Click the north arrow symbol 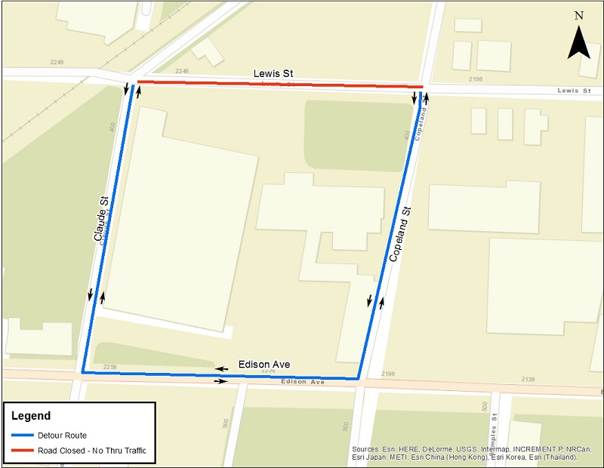click(x=578, y=43)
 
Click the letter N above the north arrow click(x=579, y=15)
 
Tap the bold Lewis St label click(x=273, y=74)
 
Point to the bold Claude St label click(x=101, y=219)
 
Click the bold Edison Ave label click(x=264, y=365)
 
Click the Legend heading click(x=31, y=416)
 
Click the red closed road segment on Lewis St click(x=279, y=84)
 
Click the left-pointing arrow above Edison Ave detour click(x=223, y=368)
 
